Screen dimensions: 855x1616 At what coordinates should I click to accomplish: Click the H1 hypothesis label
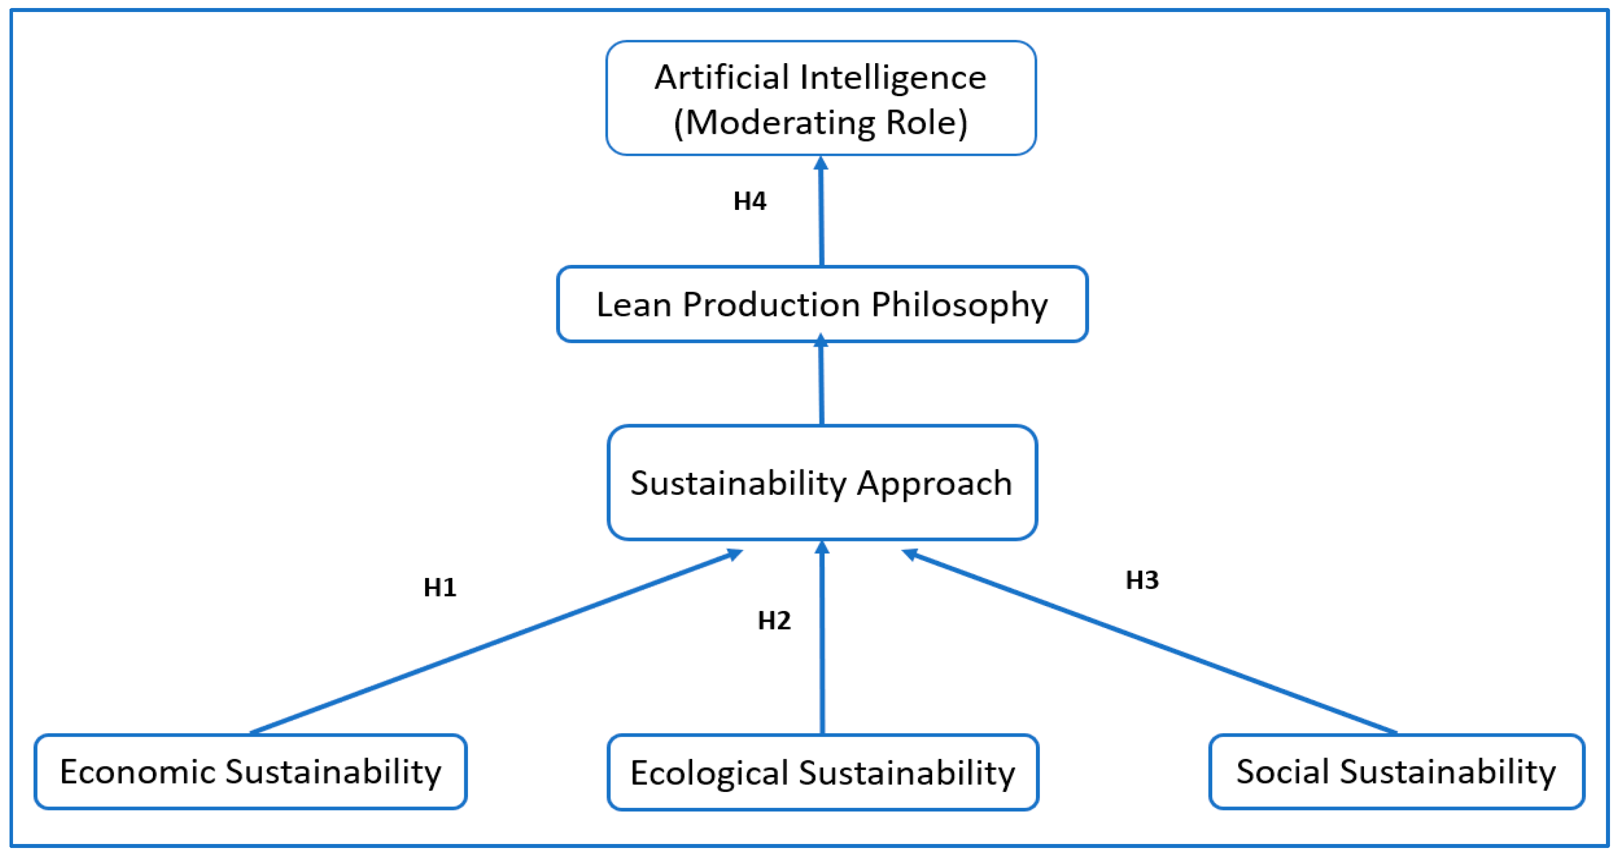tap(440, 588)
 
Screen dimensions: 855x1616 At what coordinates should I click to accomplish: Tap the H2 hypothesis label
tap(774, 621)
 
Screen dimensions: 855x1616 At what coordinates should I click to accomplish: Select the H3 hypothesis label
tap(1142, 580)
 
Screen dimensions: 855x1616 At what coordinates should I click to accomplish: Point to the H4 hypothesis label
tap(750, 201)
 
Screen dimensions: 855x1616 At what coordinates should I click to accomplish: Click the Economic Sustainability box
tap(250, 771)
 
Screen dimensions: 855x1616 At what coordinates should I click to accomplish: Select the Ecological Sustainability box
tap(823, 772)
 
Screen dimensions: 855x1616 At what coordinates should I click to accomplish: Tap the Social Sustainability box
tap(1397, 771)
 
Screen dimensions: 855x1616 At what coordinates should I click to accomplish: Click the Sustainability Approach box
tap(822, 483)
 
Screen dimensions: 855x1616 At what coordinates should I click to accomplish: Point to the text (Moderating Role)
tap(821, 123)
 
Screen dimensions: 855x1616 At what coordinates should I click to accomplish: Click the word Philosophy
tap(959, 306)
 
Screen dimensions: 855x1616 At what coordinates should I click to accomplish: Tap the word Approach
tap(934, 484)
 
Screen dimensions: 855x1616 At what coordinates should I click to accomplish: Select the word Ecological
tap(709, 773)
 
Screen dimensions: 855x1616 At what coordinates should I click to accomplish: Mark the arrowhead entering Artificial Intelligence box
tap(821, 164)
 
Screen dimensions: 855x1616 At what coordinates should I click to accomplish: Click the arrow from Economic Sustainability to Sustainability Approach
tap(495, 642)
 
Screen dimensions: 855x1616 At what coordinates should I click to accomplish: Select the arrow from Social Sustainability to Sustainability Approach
tap(1148, 642)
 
